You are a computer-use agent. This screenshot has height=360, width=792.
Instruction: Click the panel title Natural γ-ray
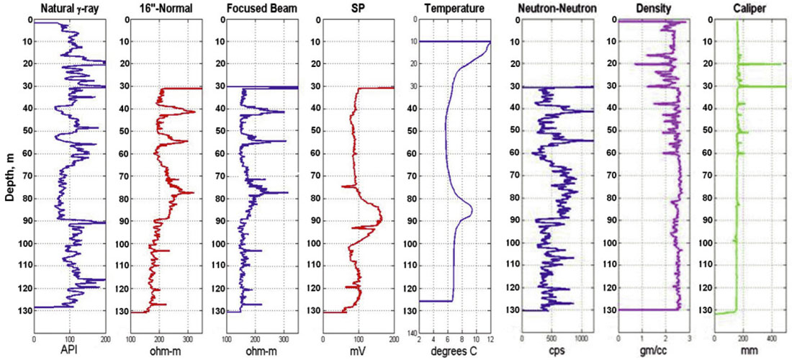pos(70,9)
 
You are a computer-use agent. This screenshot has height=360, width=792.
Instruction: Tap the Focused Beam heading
pos(262,9)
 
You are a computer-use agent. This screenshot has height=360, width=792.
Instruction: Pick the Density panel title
pos(654,9)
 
